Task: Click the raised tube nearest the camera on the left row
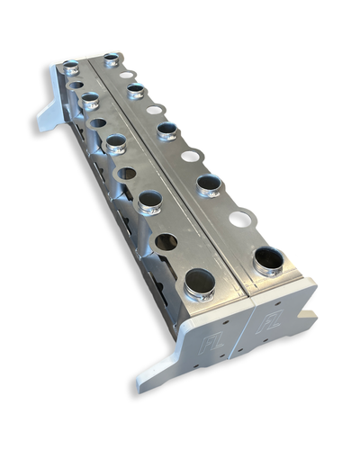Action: tap(199, 284)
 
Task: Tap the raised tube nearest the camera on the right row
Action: tap(268, 261)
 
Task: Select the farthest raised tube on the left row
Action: tap(71, 67)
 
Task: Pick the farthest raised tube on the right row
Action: tap(111, 60)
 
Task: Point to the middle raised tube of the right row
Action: tap(166, 131)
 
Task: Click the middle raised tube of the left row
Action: tap(115, 144)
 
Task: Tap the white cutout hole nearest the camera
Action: tap(240, 219)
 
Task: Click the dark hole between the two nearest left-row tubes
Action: tap(166, 241)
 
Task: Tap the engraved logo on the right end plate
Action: tap(269, 321)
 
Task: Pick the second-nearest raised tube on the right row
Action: tap(209, 185)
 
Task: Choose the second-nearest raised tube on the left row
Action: tap(149, 201)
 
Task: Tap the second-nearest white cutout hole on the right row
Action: tap(190, 156)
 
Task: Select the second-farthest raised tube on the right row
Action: tap(136, 91)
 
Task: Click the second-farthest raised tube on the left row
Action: tap(90, 100)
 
